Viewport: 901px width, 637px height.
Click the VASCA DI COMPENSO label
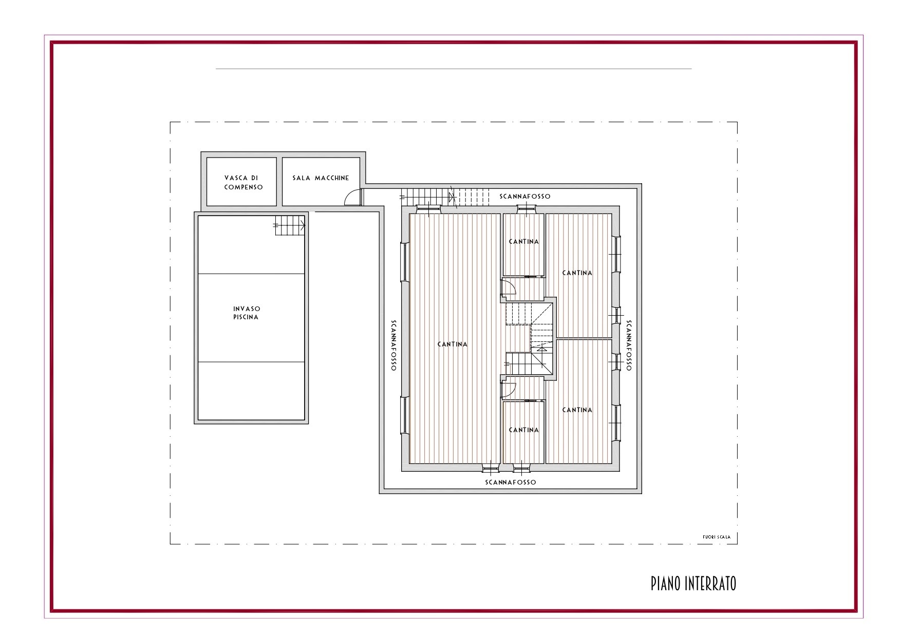243,182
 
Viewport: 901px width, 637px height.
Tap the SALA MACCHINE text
321,178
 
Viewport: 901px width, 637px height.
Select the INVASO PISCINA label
247,313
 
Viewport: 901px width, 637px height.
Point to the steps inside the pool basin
290,225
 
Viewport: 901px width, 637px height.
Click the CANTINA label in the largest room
453,344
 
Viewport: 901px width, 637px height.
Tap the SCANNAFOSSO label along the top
525,196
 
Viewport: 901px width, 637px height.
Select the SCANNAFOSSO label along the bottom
511,482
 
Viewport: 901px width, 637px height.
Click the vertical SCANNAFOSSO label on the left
393,345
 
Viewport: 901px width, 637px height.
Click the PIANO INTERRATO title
693,583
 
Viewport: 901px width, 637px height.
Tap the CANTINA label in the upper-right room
577,273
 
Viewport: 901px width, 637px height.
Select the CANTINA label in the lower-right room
577,410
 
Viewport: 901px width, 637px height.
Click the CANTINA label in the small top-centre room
524,241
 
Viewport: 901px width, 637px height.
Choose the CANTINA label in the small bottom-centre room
524,430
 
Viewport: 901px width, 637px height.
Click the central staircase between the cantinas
530,339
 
